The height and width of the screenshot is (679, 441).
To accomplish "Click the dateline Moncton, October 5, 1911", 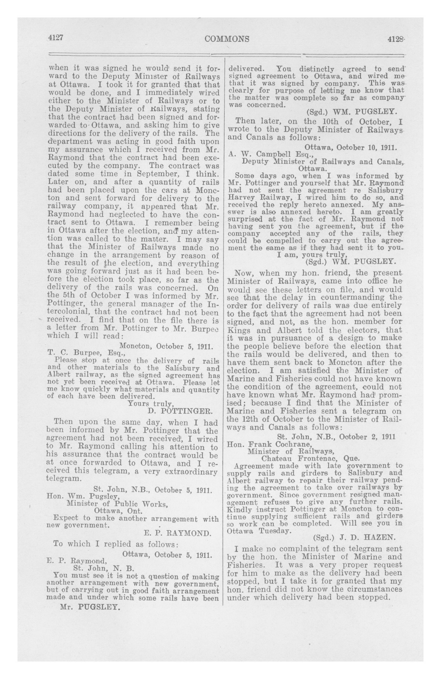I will (x=166, y=347).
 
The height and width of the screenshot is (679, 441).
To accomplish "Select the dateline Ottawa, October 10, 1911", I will (x=350, y=148).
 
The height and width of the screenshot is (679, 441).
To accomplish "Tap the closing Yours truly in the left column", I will (x=150, y=403).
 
